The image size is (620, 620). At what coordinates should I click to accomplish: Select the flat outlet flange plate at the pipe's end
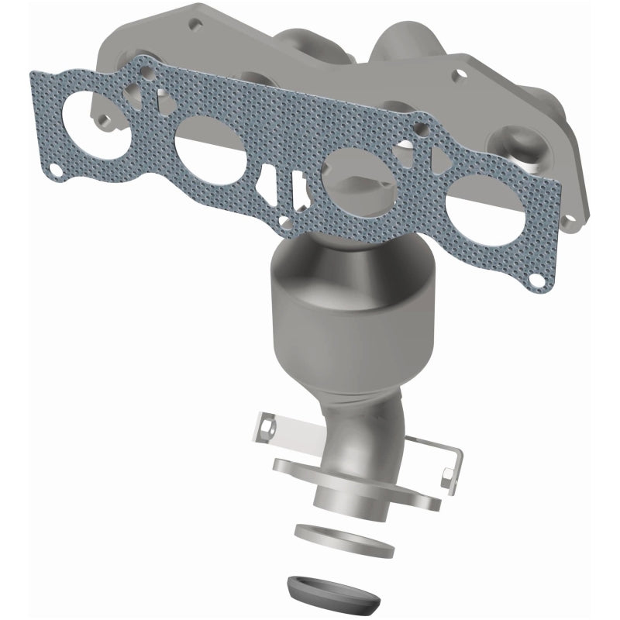tap(356, 480)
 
